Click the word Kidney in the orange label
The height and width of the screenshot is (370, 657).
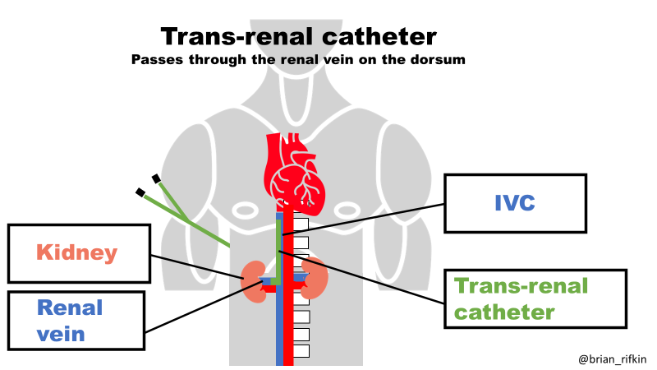76,252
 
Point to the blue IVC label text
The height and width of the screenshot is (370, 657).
516,202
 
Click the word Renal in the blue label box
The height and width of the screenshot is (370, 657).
70,308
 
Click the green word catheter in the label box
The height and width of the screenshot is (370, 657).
505,312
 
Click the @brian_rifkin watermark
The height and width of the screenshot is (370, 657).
612,359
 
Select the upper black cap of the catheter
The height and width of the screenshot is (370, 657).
154,178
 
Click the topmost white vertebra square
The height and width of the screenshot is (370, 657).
301,224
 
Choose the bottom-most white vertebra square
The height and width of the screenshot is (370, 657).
301,351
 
